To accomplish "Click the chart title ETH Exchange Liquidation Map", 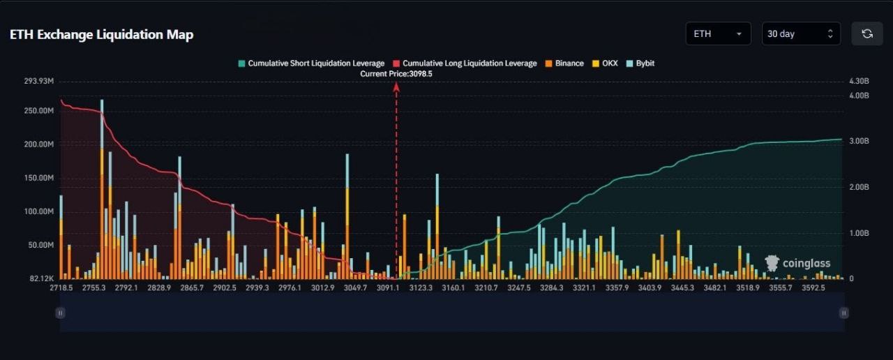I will coord(102,34).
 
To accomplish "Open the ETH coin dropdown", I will coord(718,33).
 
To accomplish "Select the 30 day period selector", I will coord(800,33).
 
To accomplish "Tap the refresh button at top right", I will coord(866,33).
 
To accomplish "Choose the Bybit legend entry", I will coord(640,63).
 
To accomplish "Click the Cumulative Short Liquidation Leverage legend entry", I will coord(311,63).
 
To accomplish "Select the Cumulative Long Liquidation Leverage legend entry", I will coord(465,63).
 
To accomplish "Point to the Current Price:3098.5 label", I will coord(396,73).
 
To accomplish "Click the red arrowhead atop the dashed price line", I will coord(396,87).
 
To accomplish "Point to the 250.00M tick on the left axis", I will coord(39,111).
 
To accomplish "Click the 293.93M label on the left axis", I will coord(39,82).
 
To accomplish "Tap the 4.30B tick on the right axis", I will coord(858,82).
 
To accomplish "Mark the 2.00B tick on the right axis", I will coord(858,187).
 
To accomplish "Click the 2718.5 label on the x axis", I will coord(62,287).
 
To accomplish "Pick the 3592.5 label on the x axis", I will coord(813,287).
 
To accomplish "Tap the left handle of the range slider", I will coord(61,313).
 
